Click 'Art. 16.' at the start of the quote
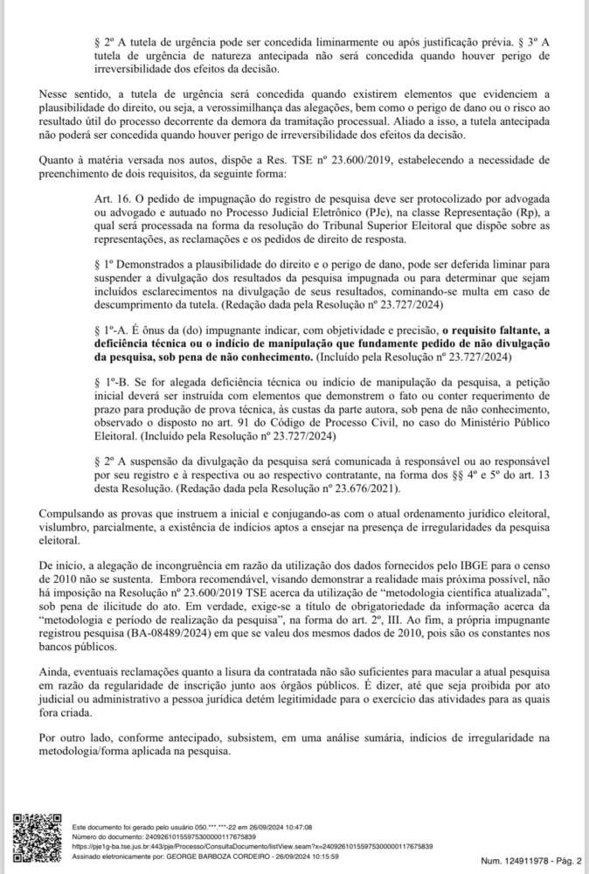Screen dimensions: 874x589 (x=112, y=199)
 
